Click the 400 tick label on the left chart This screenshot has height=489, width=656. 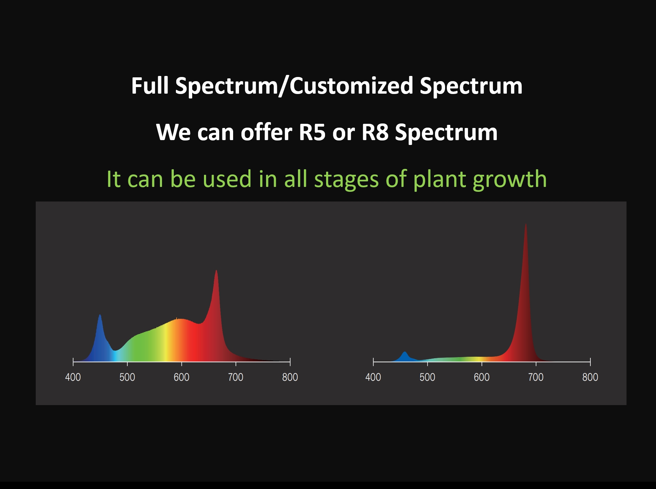click(x=73, y=377)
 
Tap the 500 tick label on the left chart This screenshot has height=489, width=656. click(x=127, y=377)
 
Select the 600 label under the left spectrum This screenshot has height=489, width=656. click(x=181, y=377)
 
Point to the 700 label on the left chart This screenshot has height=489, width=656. click(x=236, y=377)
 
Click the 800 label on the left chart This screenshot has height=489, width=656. click(x=290, y=377)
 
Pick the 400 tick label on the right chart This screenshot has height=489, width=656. click(x=373, y=377)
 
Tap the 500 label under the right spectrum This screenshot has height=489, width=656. click(x=427, y=377)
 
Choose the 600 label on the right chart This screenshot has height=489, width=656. click(x=482, y=377)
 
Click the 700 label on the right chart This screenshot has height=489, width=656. click(x=536, y=377)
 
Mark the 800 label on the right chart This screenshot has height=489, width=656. click(x=590, y=377)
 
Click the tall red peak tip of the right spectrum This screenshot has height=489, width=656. click(x=526, y=224)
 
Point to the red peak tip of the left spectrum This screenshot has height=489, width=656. click(x=216, y=271)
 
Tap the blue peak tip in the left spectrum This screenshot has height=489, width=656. click(x=100, y=315)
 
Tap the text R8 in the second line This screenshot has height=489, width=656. click(x=375, y=132)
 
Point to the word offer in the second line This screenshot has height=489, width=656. click(x=266, y=132)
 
